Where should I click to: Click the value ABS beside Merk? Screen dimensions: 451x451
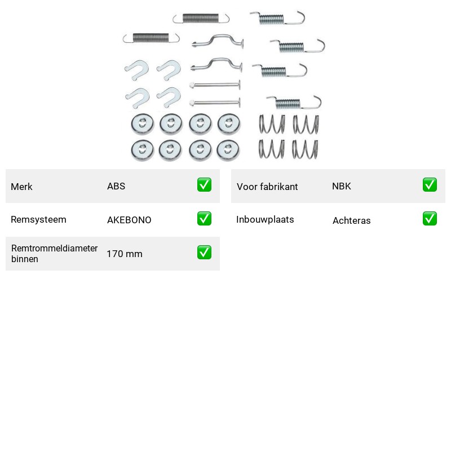(x=116, y=186)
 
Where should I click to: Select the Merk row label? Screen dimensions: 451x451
(x=21, y=187)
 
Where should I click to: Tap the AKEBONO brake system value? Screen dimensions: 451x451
(x=129, y=220)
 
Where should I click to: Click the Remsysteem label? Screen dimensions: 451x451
(x=38, y=219)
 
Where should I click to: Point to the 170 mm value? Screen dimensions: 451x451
(x=125, y=254)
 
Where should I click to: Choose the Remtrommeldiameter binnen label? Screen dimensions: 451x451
(x=54, y=253)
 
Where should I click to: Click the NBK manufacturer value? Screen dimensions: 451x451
(x=342, y=186)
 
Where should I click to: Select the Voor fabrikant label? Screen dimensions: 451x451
(x=267, y=187)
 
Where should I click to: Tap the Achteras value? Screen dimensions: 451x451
(x=351, y=220)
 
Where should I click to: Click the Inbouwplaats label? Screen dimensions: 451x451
(x=265, y=219)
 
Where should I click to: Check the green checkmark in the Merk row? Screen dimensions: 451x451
(x=204, y=185)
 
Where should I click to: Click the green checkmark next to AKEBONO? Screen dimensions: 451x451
(x=204, y=219)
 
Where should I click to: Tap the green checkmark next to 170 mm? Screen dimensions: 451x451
(x=204, y=252)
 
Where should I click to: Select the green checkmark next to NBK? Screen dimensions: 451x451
(x=430, y=185)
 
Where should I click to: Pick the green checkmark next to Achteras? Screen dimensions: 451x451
(x=430, y=219)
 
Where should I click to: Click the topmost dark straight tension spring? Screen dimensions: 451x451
(x=201, y=18)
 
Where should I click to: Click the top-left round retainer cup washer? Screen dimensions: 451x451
(x=143, y=124)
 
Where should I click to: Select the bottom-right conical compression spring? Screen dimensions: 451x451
(x=305, y=149)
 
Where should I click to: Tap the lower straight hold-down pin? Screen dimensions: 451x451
(x=215, y=103)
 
